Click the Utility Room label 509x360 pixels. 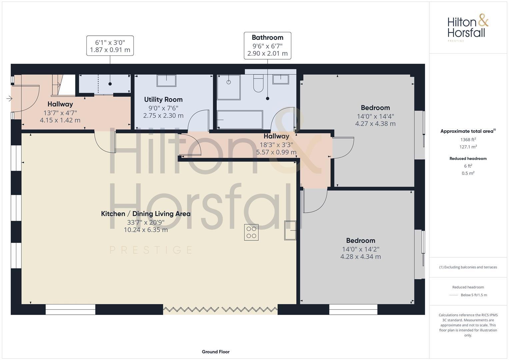click(x=163, y=99)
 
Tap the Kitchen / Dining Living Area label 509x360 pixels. click(x=146, y=214)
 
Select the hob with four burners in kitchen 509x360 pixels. click(x=251, y=232)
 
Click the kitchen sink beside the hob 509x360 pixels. click(x=290, y=230)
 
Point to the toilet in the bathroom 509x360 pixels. click(x=258, y=84)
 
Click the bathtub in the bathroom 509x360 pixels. click(x=240, y=120)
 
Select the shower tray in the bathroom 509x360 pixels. click(x=228, y=87)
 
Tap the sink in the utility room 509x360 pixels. click(x=166, y=81)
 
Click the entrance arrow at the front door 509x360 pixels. click(x=9, y=98)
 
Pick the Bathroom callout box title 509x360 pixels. click(x=267, y=38)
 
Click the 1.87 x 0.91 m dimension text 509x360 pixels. click(x=110, y=50)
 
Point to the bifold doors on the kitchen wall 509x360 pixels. click(x=220, y=309)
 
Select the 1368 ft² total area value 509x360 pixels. click(x=468, y=140)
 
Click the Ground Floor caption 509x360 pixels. click(x=215, y=352)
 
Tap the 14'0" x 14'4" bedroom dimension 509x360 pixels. click(x=375, y=116)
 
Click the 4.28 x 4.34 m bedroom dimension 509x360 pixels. click(x=360, y=257)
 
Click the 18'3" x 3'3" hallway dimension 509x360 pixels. click(x=276, y=145)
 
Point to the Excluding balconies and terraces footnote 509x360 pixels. click(x=468, y=267)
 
